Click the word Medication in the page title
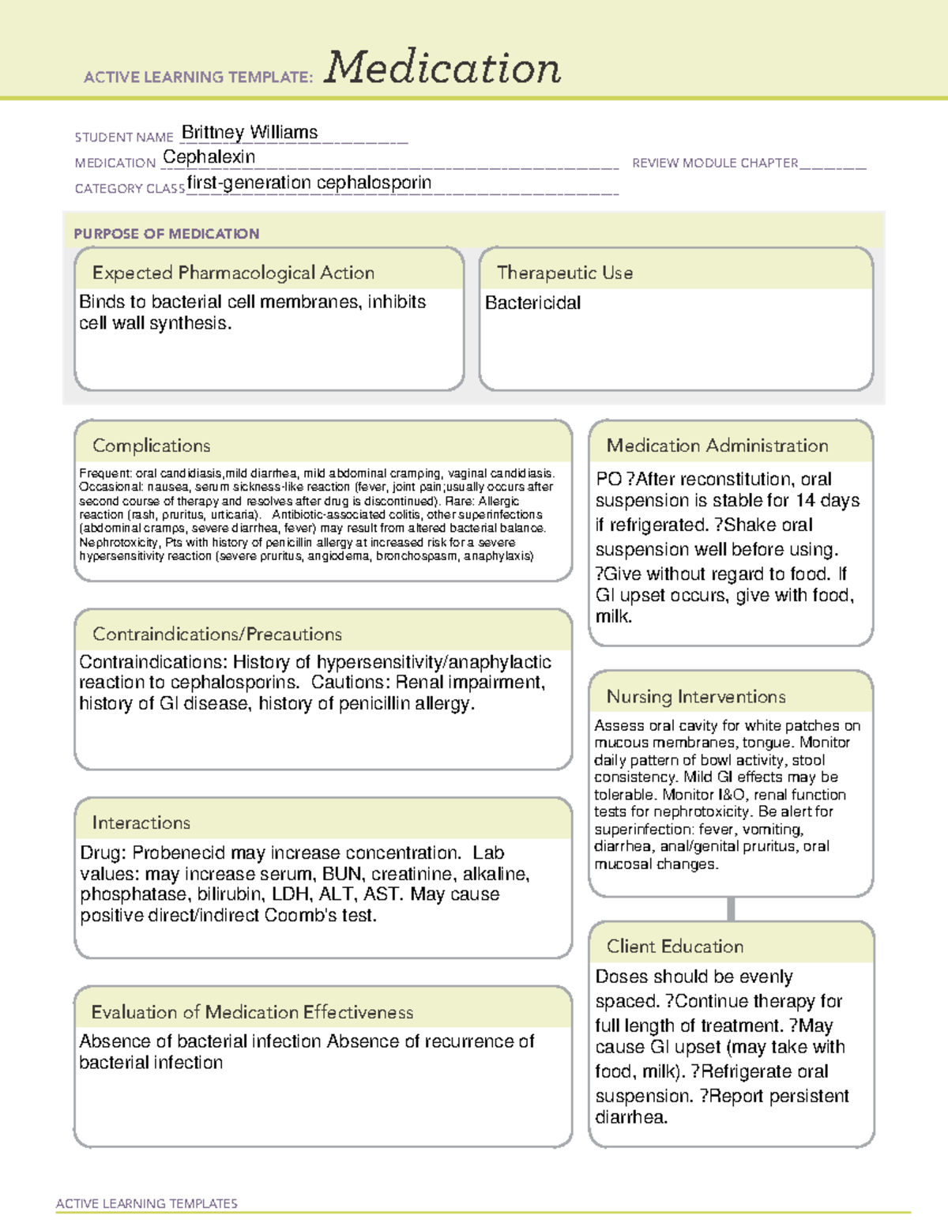pos(442,68)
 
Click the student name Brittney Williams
pos(250,132)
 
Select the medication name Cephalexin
pos(209,157)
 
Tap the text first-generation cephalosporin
pos(309,183)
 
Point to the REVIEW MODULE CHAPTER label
pos(715,163)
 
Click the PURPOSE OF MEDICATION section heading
pos(167,234)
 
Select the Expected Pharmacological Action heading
pos(233,273)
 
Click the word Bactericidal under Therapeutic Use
pos(532,303)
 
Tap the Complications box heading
pos(151,446)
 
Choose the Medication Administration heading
pos(717,446)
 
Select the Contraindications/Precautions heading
pos(217,634)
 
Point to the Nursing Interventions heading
pos(696,697)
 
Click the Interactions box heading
pos(141,823)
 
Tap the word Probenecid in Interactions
pos(174,853)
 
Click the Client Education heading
pos(675,947)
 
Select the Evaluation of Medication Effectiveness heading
pos(252,1012)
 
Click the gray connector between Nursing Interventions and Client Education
pos(731,909)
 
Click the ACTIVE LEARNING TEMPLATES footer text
pos(147,1203)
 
